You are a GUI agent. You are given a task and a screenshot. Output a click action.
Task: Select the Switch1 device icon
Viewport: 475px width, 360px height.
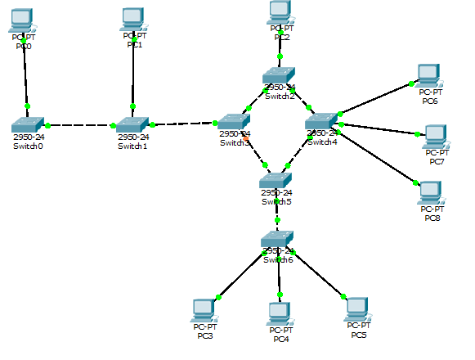[x=132, y=124]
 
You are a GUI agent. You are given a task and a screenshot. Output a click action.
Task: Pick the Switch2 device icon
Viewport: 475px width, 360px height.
[x=279, y=77]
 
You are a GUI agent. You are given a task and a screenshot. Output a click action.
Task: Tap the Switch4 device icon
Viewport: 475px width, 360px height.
[x=322, y=122]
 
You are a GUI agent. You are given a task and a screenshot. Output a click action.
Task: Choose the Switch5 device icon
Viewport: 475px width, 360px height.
[x=276, y=182]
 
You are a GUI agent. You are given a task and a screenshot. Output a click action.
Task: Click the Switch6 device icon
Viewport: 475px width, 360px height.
[x=277, y=240]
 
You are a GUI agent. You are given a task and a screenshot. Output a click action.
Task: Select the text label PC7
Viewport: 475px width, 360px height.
[x=437, y=161]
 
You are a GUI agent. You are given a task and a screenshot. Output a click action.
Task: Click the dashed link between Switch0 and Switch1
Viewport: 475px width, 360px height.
[x=80, y=126]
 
